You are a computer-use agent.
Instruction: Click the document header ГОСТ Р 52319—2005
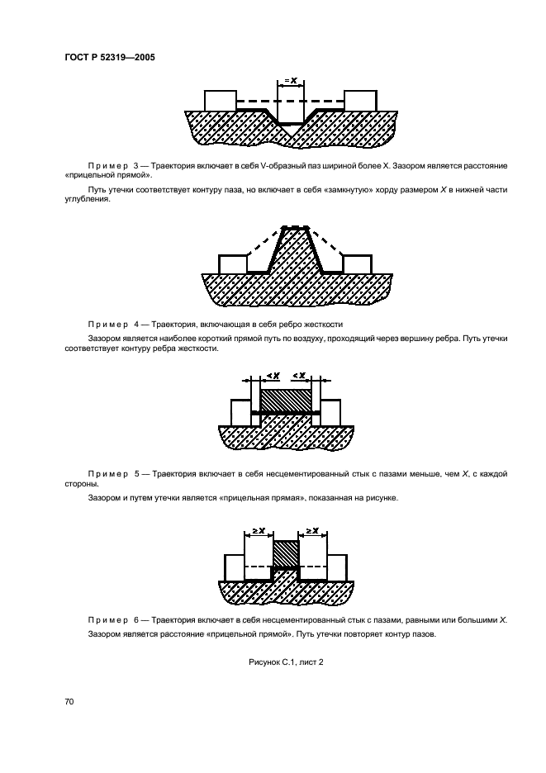click(x=111, y=57)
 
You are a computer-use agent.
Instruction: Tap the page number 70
click(x=69, y=701)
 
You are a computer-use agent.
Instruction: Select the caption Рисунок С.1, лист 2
click(x=285, y=662)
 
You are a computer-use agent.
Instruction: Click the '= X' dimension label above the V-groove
click(x=291, y=80)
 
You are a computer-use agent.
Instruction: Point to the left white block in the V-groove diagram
click(x=220, y=100)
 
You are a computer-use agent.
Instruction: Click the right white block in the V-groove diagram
click(x=361, y=100)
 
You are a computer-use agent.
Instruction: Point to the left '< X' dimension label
click(x=272, y=376)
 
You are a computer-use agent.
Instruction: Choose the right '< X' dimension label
click(x=301, y=376)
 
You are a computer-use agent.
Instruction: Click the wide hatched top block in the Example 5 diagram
click(x=286, y=398)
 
